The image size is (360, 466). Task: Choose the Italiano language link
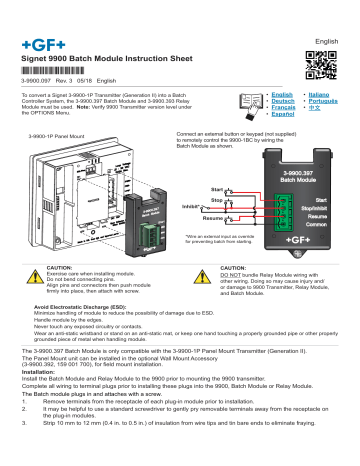(x=318, y=94)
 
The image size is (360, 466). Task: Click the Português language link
(x=320, y=102)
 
